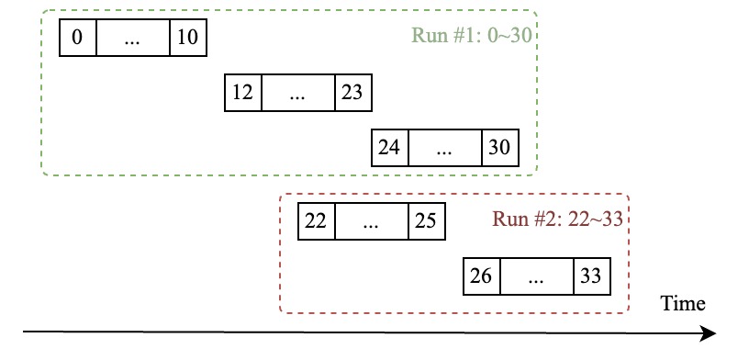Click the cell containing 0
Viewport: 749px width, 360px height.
pos(77,38)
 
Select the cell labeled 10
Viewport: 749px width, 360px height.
pos(188,38)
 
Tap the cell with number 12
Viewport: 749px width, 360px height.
pos(243,93)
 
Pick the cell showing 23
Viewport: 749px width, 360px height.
pos(353,93)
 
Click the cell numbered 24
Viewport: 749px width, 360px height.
pos(389,148)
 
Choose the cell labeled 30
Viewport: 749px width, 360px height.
pos(500,148)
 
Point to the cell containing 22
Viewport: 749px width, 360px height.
pos(317,221)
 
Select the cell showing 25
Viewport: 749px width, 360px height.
pos(427,221)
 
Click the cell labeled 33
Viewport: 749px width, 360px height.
pos(592,276)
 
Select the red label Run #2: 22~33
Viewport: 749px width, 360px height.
pos(559,219)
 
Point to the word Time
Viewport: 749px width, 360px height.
pos(683,304)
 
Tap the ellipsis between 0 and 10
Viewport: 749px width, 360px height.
pos(132,38)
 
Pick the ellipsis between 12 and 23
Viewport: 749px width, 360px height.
pos(297,93)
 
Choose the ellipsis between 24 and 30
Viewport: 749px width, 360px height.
pos(444,148)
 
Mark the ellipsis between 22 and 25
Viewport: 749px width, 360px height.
pos(371,221)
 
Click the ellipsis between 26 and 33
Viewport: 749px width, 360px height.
pos(536,276)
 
